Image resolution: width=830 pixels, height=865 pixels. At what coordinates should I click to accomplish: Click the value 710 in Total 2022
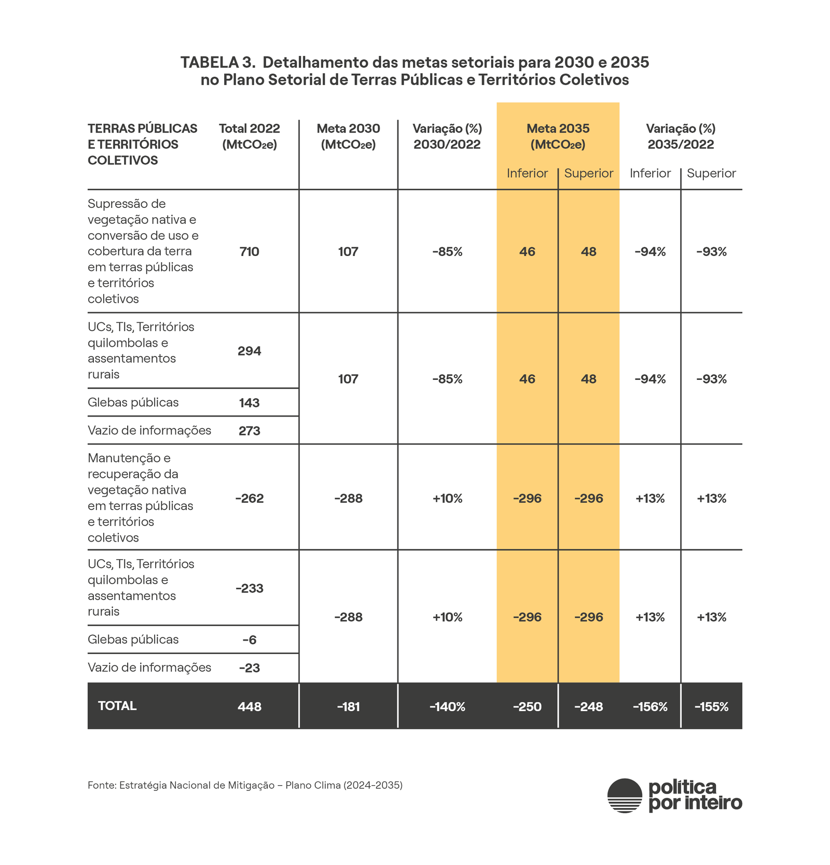click(249, 252)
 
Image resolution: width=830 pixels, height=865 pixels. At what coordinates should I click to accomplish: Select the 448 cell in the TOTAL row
click(249, 706)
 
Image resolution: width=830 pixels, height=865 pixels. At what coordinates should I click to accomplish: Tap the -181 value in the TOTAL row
click(348, 706)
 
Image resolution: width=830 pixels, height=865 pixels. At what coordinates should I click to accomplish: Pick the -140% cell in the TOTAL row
click(447, 706)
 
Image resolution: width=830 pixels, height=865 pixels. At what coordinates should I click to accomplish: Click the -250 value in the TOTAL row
click(527, 706)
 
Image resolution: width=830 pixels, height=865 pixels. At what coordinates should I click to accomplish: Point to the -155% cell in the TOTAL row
click(711, 706)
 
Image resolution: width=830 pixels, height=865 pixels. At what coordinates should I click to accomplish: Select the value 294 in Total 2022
click(249, 351)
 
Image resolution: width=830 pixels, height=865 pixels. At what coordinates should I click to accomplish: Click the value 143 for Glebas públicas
click(249, 403)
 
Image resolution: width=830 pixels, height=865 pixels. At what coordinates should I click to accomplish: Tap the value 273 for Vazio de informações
click(249, 431)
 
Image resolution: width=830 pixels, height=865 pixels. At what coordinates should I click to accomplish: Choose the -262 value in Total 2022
click(249, 499)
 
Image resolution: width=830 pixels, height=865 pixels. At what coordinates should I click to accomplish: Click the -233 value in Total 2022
click(249, 588)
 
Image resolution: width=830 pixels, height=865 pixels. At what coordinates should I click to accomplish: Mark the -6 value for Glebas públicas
click(249, 640)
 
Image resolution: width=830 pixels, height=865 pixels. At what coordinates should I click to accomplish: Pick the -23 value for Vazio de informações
click(249, 668)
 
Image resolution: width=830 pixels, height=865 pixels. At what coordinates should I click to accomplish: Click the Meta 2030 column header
click(348, 136)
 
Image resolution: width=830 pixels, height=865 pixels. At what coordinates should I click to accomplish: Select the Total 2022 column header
click(249, 136)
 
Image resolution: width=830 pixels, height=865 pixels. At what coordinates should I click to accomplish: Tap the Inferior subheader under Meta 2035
click(527, 173)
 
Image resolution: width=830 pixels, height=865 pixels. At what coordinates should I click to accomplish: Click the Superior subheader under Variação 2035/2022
click(711, 173)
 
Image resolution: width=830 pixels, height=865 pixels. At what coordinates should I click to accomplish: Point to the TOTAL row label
click(117, 706)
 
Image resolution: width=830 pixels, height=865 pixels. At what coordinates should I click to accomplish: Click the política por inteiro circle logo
click(625, 796)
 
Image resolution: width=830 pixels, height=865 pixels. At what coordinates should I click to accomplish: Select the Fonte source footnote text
click(245, 785)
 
